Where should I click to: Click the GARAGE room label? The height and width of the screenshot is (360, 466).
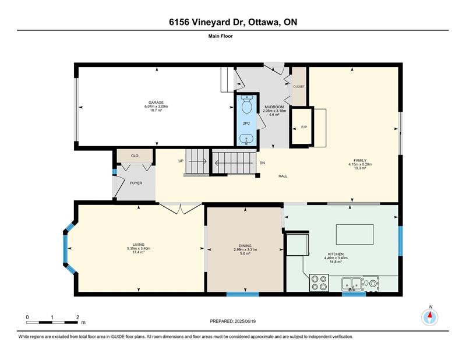(x=156, y=103)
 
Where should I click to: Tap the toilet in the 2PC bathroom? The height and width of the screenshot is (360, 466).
(x=246, y=104)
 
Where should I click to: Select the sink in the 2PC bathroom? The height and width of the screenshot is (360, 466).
(x=246, y=139)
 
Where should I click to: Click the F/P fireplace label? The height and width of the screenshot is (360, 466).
(x=304, y=127)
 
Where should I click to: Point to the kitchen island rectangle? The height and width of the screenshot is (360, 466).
(x=355, y=234)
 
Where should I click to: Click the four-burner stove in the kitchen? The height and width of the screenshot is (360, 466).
(x=319, y=283)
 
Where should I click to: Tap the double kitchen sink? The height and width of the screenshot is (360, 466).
(x=351, y=284)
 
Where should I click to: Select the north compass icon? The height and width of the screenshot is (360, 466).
(x=430, y=317)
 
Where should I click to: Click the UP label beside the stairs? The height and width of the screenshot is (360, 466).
(x=181, y=161)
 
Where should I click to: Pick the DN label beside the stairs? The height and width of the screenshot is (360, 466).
(x=262, y=163)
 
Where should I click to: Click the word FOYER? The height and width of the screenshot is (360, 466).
(x=136, y=183)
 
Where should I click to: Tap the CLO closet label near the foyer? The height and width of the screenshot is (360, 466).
(x=135, y=156)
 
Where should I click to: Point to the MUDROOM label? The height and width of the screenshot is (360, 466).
(x=274, y=107)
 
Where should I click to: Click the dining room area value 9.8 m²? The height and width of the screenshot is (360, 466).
(x=245, y=253)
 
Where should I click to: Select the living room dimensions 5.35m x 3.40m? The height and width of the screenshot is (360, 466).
(x=139, y=249)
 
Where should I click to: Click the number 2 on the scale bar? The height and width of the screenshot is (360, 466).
(x=77, y=317)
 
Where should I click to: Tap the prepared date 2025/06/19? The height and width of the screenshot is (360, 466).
(x=245, y=322)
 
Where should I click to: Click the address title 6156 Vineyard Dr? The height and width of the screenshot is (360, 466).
(x=207, y=22)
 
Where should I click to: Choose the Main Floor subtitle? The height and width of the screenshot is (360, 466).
(x=221, y=36)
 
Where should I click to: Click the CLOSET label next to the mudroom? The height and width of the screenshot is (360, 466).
(x=299, y=87)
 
